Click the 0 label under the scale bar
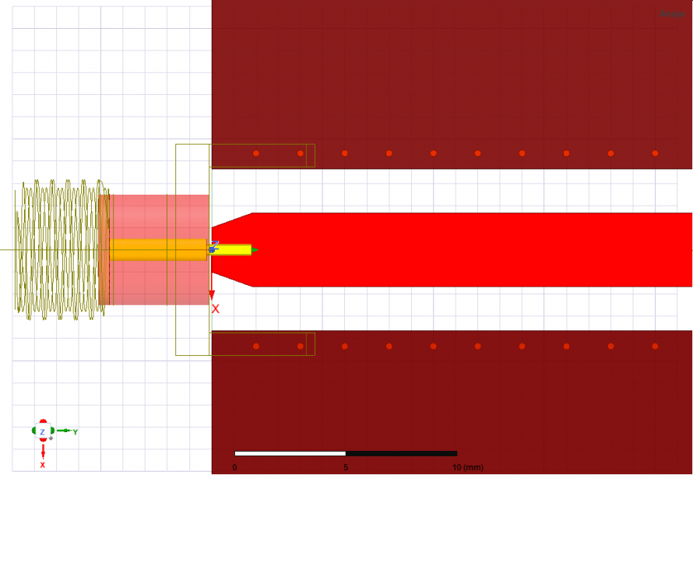click(x=234, y=467)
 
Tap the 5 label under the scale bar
click(x=346, y=467)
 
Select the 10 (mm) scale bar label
click(x=467, y=467)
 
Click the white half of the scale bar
click(x=290, y=453)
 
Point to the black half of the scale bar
click(x=401, y=453)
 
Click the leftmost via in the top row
click(x=256, y=153)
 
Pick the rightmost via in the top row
click(x=655, y=153)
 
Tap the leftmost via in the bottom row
click(x=256, y=347)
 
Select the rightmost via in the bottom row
click(x=655, y=347)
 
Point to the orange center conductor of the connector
click(x=156, y=250)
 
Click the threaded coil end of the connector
click(x=58, y=249)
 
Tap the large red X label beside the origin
click(x=216, y=309)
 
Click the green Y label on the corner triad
click(x=76, y=431)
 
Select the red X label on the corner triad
click(x=42, y=465)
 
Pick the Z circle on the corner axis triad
click(x=42, y=431)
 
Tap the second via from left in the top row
click(x=301, y=153)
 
